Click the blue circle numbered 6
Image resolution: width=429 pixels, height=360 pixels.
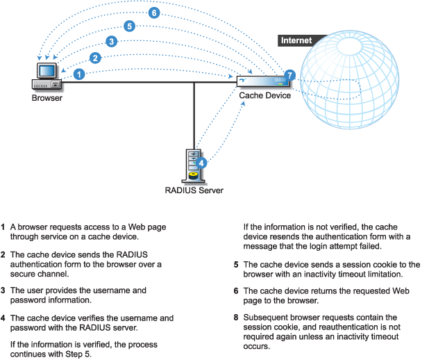pos(154,13)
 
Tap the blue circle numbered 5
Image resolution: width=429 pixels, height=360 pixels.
pos(129,26)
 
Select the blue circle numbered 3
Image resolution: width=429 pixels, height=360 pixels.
pos(111,42)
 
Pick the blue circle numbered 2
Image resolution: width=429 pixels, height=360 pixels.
pos(95,58)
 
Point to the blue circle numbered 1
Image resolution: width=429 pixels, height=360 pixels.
pos(79,73)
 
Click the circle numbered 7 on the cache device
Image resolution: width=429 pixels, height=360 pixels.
pos(290,74)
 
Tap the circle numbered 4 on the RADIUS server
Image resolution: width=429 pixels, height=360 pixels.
pos(201,163)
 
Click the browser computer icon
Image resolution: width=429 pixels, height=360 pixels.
pos(47,76)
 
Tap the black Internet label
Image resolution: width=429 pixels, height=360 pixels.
pos(296,40)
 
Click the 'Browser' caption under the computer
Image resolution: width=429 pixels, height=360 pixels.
pos(47,99)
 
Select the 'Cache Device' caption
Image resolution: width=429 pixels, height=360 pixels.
pos(264,96)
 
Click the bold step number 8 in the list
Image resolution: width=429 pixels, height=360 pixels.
pos(237,318)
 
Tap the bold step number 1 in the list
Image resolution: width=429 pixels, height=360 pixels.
pos(3,227)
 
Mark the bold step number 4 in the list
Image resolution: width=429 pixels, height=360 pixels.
pos(3,318)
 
